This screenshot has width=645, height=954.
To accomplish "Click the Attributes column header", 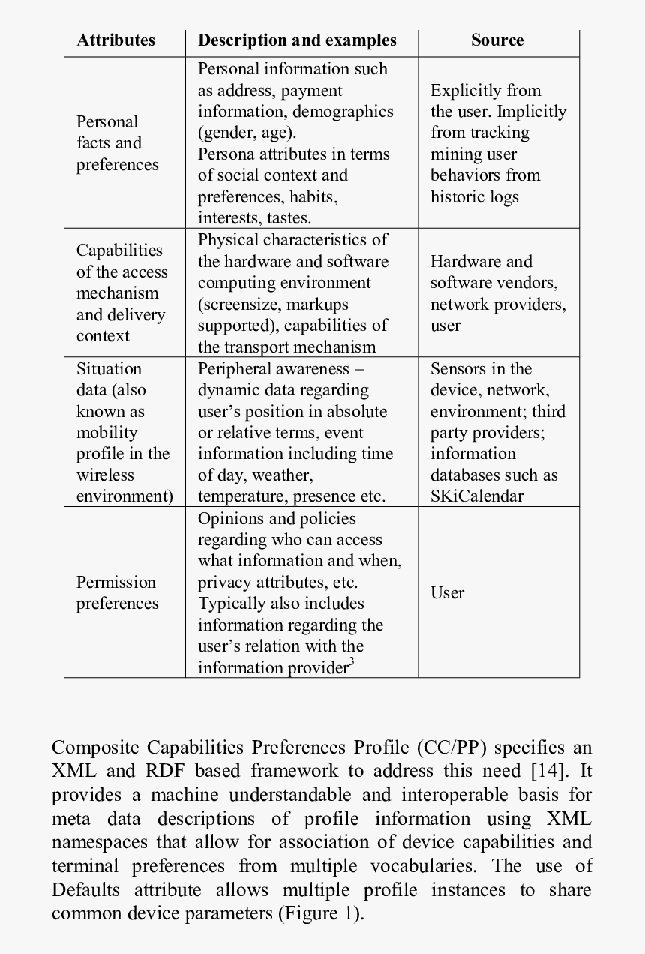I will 115,40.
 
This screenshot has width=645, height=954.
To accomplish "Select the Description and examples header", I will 297,40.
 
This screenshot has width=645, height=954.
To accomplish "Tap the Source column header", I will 497,40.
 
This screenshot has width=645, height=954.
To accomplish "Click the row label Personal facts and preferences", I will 117,143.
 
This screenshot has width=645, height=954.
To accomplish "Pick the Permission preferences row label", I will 117,592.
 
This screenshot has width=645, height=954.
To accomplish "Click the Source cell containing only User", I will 447,592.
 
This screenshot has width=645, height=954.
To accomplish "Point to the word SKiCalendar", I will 476,496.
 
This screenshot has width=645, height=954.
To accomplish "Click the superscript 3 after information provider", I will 351,661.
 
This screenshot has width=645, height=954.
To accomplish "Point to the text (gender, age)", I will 247,133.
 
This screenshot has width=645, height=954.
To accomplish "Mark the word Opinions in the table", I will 230,519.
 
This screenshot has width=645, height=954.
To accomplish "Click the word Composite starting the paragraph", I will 94,748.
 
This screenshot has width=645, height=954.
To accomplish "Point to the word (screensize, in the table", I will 238,304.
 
